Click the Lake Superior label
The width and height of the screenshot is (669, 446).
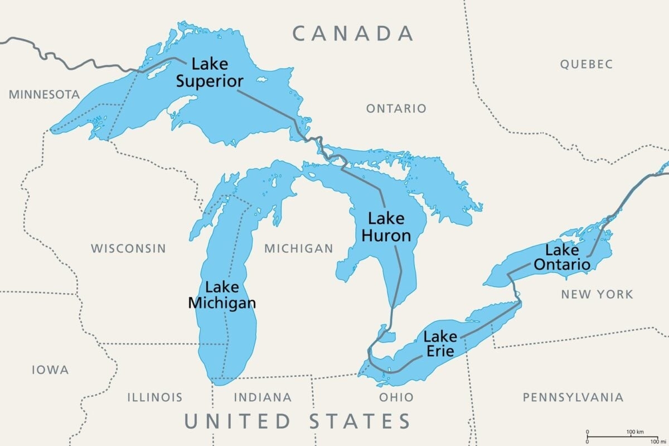(210, 73)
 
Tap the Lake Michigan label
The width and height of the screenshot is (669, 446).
(222, 295)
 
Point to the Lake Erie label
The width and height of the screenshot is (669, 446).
(439, 344)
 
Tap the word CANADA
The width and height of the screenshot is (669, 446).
(353, 33)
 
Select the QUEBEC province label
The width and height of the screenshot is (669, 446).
(586, 64)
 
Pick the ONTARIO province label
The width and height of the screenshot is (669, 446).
(396, 108)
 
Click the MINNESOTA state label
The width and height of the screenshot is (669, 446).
(44, 94)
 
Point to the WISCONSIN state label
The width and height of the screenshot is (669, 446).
(128, 248)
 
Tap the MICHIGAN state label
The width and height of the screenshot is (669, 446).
(298, 248)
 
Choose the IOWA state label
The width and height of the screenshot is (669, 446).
(50, 370)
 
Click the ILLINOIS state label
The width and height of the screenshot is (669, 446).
(154, 397)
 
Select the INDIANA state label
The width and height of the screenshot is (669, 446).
(262, 397)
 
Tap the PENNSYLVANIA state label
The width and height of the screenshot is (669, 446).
(573, 397)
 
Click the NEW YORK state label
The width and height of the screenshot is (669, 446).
(597, 294)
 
